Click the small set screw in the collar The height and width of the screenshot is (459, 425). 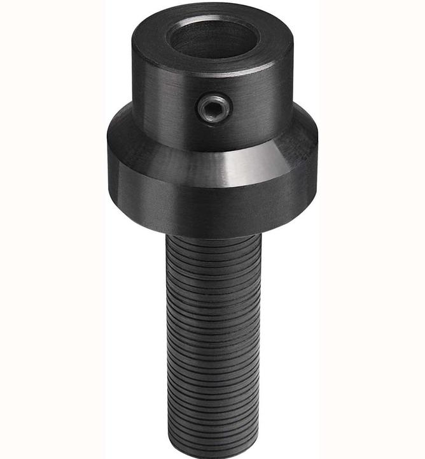(x=212, y=109)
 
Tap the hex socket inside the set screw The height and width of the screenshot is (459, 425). (x=212, y=110)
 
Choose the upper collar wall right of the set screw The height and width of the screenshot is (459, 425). (x=261, y=102)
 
